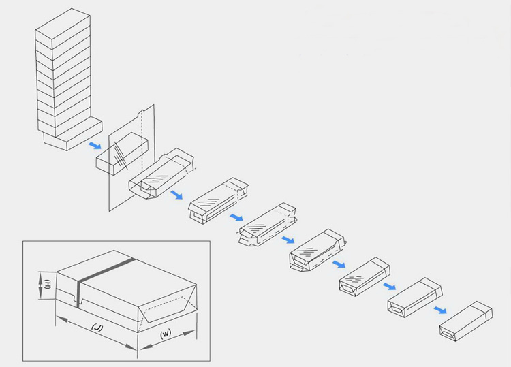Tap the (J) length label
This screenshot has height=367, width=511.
click(97, 328)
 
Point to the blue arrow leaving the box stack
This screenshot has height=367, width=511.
click(95, 145)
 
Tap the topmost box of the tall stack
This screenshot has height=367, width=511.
click(62, 27)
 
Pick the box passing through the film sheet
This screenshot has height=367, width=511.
click(123, 155)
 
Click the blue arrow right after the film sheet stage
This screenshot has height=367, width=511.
click(176, 195)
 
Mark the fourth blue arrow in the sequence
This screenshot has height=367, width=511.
click(288, 240)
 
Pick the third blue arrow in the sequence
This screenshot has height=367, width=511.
click(236, 217)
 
